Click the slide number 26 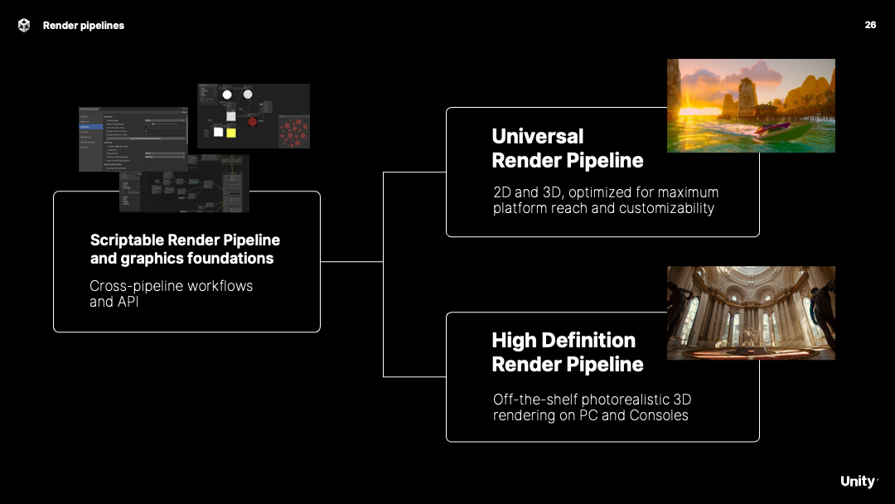click(870, 25)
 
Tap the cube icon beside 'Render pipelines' click(23, 25)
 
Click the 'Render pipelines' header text click(84, 26)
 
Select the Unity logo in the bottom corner click(858, 482)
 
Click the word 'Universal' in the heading click(537, 137)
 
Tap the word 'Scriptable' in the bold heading click(127, 240)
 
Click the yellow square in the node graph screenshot click(230, 132)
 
